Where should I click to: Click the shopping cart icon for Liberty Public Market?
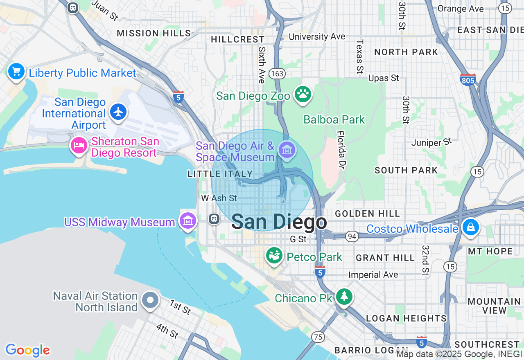point(16,72)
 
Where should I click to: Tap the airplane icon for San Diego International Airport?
point(118,111)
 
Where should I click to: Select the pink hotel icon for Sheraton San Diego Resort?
point(79,146)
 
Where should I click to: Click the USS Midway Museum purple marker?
point(188,220)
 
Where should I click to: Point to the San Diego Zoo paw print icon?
point(303,94)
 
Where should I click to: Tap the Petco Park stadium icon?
point(274,256)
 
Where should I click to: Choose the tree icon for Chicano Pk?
point(344,296)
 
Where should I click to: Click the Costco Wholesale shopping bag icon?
point(471,227)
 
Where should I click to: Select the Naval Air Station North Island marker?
point(150,300)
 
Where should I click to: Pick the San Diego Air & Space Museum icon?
point(287,150)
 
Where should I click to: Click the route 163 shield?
point(277,74)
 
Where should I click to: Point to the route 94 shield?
point(351,236)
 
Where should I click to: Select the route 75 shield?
point(318,337)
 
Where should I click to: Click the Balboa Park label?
point(334,119)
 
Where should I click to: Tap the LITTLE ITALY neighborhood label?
point(220,174)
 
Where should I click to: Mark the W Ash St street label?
point(219,198)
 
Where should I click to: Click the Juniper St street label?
point(431,142)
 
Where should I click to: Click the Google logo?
point(28,350)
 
